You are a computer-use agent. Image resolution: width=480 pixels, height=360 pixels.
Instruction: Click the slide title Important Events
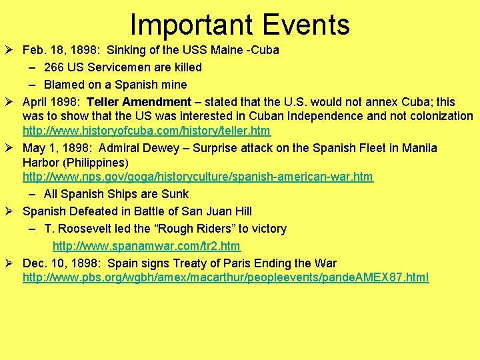[x=239, y=25]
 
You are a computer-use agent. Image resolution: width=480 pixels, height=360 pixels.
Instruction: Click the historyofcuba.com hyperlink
[x=147, y=131]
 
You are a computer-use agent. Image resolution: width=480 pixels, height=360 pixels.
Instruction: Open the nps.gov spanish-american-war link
[x=198, y=177]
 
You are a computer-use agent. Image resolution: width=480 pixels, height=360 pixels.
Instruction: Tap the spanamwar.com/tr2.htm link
[x=146, y=246]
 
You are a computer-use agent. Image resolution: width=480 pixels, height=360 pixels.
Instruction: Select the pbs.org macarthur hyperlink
[x=226, y=277]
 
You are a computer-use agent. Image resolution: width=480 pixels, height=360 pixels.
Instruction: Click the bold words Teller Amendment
[x=139, y=102]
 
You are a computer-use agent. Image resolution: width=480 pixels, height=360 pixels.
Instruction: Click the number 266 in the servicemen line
[x=54, y=67]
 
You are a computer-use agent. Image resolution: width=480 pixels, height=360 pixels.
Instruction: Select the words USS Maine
[x=225, y=51]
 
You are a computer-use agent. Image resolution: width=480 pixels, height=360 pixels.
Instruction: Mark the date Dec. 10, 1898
[x=61, y=263]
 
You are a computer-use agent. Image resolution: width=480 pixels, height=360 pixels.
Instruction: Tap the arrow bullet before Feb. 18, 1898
[x=11, y=51]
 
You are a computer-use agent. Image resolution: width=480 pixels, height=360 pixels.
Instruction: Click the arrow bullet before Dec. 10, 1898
[x=11, y=263]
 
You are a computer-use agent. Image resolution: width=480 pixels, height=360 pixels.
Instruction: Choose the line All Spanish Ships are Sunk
[x=116, y=194]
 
